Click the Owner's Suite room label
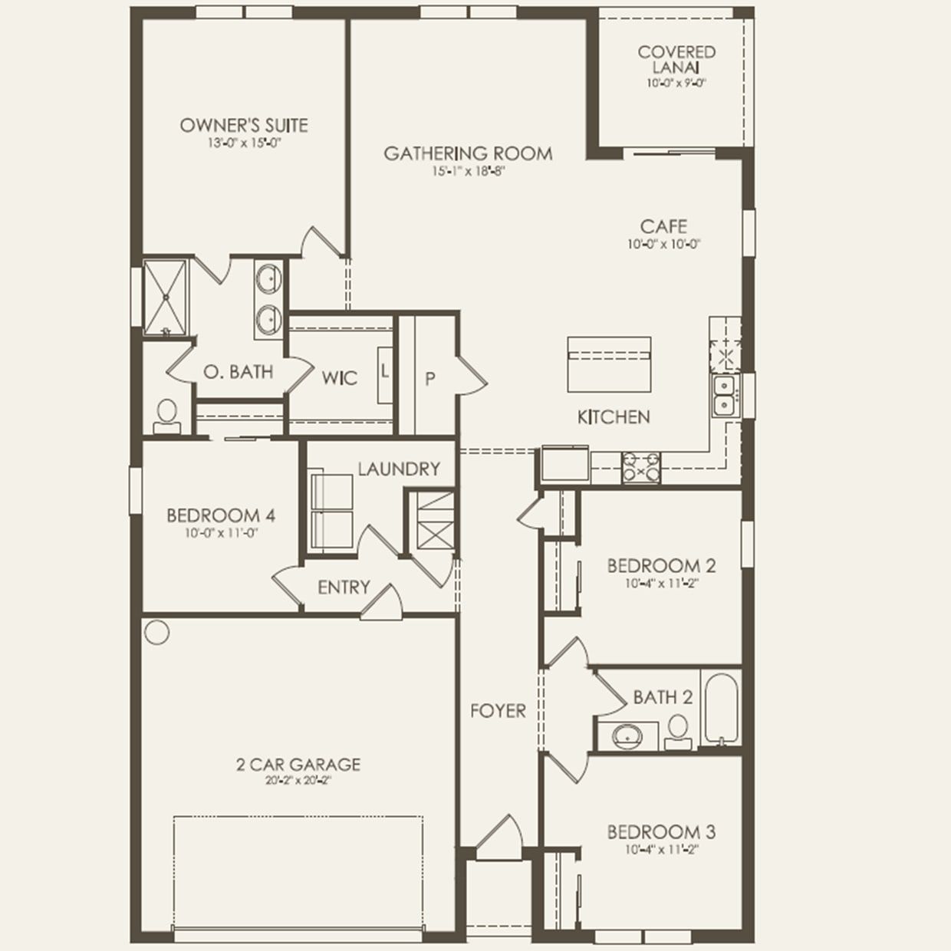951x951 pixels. (244, 125)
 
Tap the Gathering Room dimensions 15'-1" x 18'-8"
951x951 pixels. (468, 172)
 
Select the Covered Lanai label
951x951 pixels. (676, 59)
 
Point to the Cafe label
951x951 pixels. (663, 226)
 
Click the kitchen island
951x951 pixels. (609, 364)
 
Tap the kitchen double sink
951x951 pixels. (723, 396)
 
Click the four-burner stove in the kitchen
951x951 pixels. (641, 466)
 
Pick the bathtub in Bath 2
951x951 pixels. (721, 709)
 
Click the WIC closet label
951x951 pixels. (339, 378)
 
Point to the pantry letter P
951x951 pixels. (430, 379)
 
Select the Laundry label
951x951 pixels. (399, 469)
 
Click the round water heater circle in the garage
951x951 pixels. (156, 631)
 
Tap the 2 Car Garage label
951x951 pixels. (298, 764)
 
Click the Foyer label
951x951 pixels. (498, 711)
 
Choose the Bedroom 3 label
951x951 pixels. (661, 831)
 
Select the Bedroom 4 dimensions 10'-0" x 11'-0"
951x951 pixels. (221, 533)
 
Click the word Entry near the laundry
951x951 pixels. (344, 587)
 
